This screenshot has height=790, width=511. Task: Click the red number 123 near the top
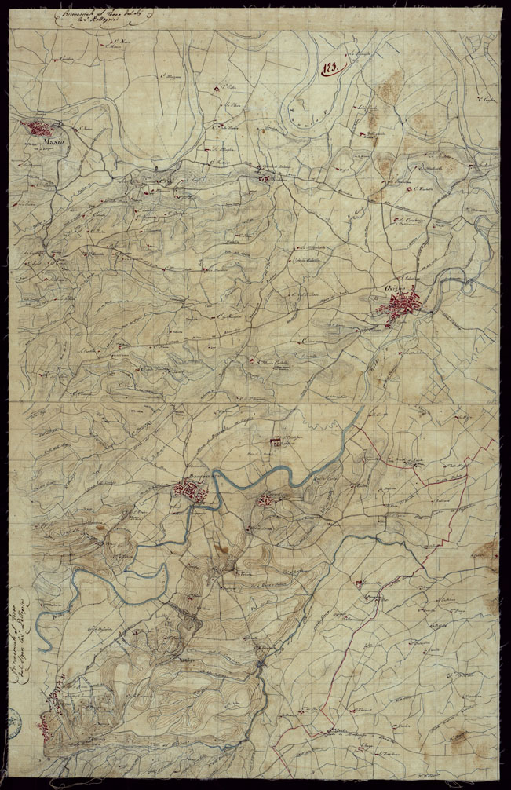point(328,68)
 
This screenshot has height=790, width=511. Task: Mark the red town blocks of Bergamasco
point(191,492)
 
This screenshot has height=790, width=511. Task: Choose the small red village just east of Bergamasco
point(271,499)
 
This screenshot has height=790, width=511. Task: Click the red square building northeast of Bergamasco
point(276,444)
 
